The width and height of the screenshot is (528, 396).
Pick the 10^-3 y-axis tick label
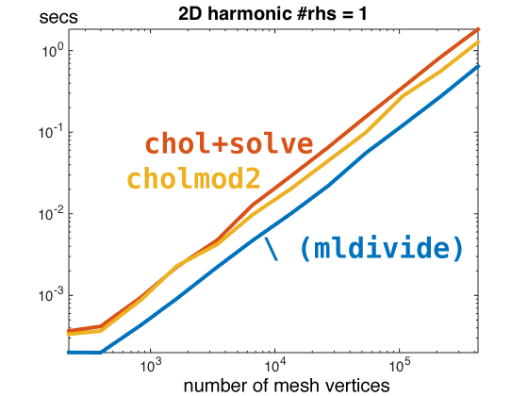pos(48,295)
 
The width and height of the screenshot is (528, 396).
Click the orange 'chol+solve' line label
pos(228,144)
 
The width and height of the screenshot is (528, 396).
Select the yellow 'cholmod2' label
pos(193,178)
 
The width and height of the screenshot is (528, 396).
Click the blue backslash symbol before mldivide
pos(272,249)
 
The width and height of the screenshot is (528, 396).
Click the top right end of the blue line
pos(479,66)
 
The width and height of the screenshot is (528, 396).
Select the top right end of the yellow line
pos(479,42)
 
